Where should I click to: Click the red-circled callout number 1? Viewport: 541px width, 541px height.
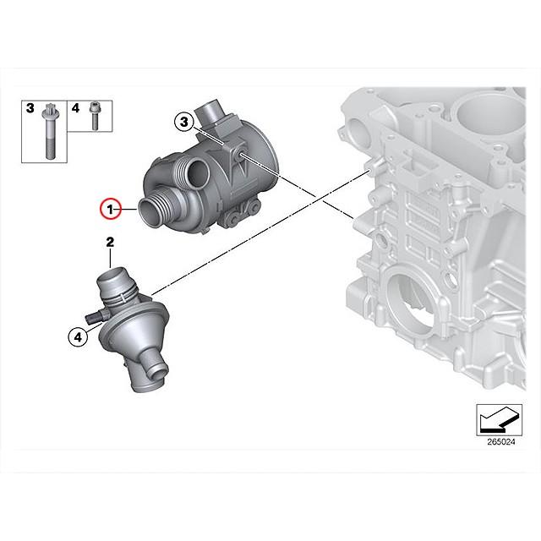pyautogui.click(x=109, y=207)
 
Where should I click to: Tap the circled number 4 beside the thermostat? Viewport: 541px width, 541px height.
pyautogui.click(x=77, y=336)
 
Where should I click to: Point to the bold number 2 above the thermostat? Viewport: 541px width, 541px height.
pyautogui.click(x=110, y=243)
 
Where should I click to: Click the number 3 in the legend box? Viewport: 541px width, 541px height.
pyautogui.click(x=30, y=108)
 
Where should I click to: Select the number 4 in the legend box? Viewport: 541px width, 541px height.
pyautogui.click(x=75, y=108)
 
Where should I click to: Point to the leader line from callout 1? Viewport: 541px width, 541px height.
pyautogui.click(x=128, y=207)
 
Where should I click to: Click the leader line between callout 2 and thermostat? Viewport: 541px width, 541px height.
pyautogui.click(x=110, y=259)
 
